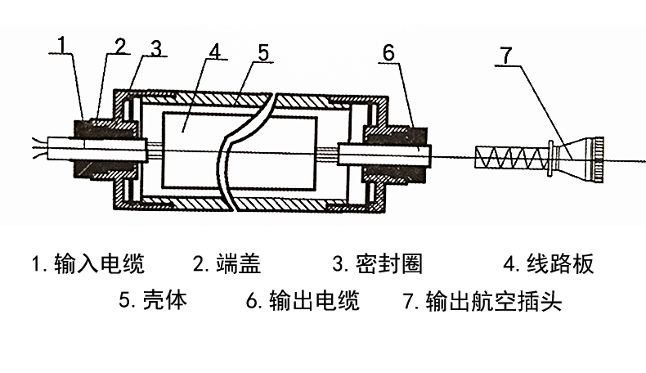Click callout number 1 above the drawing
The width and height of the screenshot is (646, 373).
pyautogui.click(x=62, y=44)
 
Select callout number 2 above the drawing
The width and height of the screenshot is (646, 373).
pyautogui.click(x=120, y=46)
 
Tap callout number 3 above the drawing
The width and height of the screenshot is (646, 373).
pyautogui.click(x=155, y=48)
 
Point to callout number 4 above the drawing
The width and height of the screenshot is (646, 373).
pyautogui.click(x=215, y=52)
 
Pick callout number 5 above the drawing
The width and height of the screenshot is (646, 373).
pyautogui.click(x=263, y=53)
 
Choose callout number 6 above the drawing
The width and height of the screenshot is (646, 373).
pyautogui.click(x=388, y=53)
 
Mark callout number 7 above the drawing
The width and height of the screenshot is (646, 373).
pyautogui.click(x=506, y=56)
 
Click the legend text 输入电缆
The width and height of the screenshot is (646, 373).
pyautogui.click(x=99, y=263)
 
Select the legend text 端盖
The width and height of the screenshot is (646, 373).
pyautogui.click(x=238, y=263)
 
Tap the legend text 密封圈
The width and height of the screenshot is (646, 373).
pyautogui.click(x=389, y=263)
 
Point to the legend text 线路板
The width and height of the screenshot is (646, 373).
pyautogui.click(x=560, y=263)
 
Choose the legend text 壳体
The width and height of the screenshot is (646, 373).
pyautogui.click(x=165, y=299)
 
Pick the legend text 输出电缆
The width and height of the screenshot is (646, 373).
pyautogui.click(x=314, y=299)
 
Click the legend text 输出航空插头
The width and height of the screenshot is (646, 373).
pyautogui.click(x=494, y=300)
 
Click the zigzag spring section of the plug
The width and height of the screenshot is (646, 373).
pyautogui.click(x=511, y=157)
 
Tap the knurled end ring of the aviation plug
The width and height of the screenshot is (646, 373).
pyautogui.click(x=599, y=160)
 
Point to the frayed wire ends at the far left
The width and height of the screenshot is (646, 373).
pyautogui.click(x=39, y=149)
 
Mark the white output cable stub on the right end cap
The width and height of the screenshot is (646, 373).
pyautogui.click(x=384, y=155)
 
